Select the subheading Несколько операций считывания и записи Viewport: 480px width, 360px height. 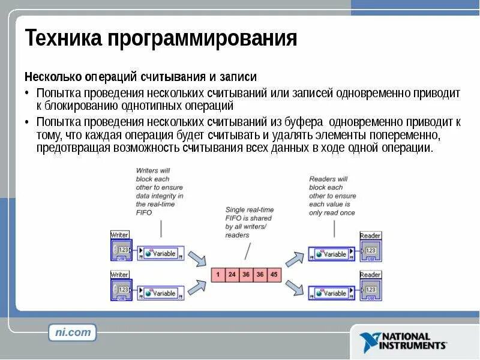click(140, 77)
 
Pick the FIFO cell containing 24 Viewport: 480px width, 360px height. click(231, 274)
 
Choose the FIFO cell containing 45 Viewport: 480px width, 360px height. click(274, 274)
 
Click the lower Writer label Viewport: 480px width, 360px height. click(120, 275)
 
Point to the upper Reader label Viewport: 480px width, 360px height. click(370, 236)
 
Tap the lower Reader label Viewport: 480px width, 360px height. click(370, 275)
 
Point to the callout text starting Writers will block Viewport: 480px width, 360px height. click(160, 191)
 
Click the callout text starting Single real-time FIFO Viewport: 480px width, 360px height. click(250, 222)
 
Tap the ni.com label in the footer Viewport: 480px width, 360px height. click(72, 332)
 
